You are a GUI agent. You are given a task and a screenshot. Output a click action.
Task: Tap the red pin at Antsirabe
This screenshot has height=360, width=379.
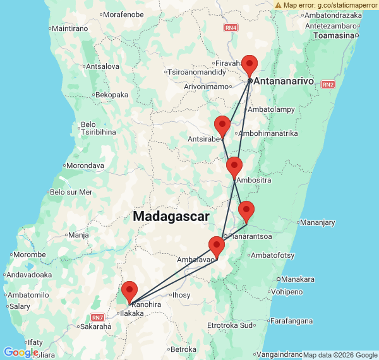(x=222, y=125)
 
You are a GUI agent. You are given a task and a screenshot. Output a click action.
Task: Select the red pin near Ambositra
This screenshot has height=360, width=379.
(x=234, y=167)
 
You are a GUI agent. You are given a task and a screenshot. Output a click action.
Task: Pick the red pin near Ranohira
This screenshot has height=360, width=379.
(x=129, y=291)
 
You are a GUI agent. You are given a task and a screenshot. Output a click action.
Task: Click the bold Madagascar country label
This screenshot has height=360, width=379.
(x=171, y=216)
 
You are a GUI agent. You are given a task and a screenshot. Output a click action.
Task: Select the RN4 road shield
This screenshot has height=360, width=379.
(x=231, y=28)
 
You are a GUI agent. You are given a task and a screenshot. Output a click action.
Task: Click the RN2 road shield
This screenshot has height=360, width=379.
(x=327, y=84)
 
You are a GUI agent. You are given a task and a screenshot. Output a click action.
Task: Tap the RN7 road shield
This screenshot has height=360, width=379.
(x=97, y=317)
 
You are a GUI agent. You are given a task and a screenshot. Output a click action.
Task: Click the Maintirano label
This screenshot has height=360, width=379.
(x=71, y=28)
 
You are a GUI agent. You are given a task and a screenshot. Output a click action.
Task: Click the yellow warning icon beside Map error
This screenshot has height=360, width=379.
(x=279, y=5)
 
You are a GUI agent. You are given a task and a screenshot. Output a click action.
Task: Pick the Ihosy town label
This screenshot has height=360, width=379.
(x=181, y=294)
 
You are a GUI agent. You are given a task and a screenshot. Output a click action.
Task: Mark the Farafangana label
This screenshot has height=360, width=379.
(x=291, y=321)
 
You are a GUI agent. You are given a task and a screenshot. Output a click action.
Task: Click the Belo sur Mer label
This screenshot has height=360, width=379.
(x=71, y=192)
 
